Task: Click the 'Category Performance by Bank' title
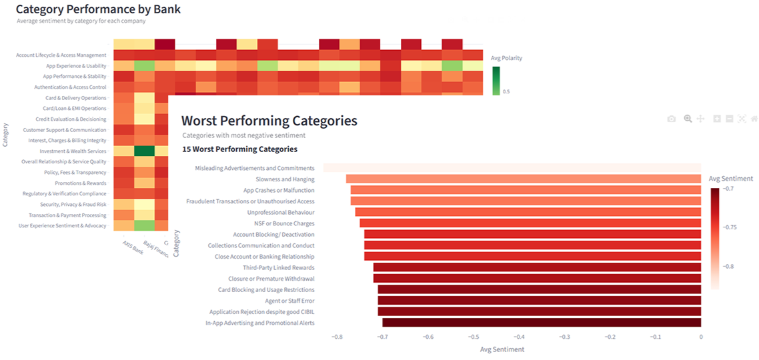tap(98, 9)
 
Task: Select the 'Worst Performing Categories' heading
tap(269, 121)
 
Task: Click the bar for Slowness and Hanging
tap(523, 179)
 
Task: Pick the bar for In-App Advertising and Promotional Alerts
tap(541, 323)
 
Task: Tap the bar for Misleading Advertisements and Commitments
tap(512, 168)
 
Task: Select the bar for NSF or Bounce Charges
tap(530, 223)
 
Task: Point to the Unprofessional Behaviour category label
tap(280, 212)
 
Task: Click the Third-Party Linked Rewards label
tap(278, 267)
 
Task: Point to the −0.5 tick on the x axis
tap(474, 337)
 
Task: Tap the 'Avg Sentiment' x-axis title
tap(502, 349)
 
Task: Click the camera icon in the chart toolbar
tap(672, 119)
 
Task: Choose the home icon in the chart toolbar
tap(754, 119)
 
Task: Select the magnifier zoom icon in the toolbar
tap(688, 119)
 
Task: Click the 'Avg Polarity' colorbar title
tap(506, 58)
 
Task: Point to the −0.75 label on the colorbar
tap(730, 227)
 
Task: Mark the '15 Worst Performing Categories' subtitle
tap(239, 149)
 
